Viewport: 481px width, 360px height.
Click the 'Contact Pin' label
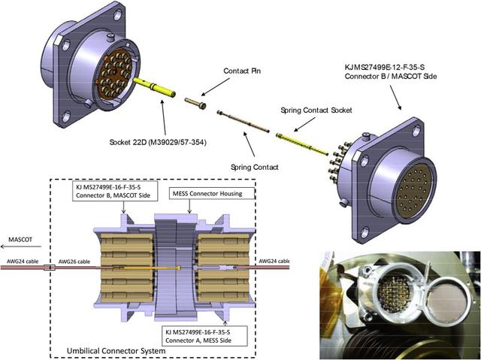(242, 71)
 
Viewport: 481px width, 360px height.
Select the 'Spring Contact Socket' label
(316, 110)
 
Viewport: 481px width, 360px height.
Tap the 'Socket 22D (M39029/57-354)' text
(158, 142)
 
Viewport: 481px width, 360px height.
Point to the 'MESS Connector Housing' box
(212, 193)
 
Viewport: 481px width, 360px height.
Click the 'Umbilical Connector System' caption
(116, 350)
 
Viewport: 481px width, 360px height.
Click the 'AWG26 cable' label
(74, 262)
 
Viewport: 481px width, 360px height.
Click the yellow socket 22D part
(154, 87)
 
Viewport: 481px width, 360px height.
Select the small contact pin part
(195, 103)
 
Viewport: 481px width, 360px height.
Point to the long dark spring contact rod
(243, 122)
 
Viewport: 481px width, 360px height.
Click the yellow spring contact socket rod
(302, 144)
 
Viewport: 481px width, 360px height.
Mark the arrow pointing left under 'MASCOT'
(21, 247)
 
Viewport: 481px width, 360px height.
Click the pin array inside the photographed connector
(394, 294)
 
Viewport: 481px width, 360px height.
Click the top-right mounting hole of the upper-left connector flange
(117, 14)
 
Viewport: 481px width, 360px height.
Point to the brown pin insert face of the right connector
(413, 191)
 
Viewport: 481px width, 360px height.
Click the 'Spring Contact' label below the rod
(255, 167)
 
